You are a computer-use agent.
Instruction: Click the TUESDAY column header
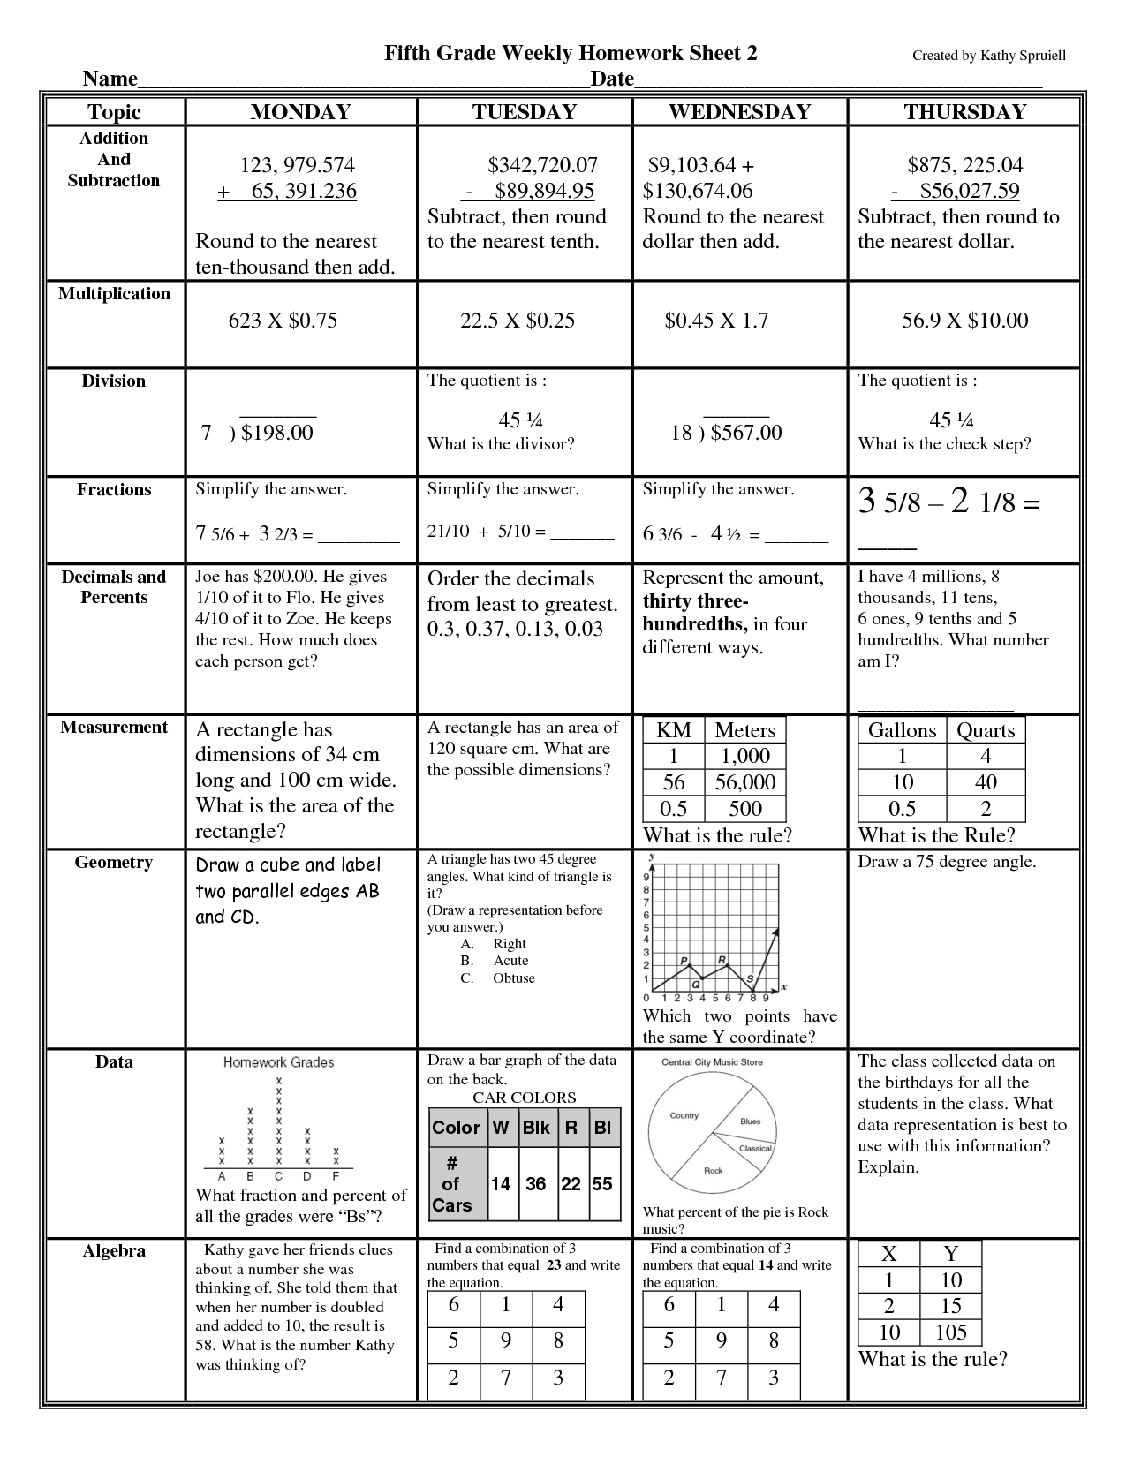coord(524,112)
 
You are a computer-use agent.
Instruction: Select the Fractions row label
coord(114,490)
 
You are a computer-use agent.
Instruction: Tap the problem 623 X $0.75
coord(283,321)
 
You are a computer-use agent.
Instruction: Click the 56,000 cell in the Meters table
coord(744,782)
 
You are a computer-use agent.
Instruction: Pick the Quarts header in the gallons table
coord(986,730)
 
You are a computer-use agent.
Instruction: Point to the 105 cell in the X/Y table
coord(950,1332)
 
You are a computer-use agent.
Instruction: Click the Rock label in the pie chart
coord(714,1171)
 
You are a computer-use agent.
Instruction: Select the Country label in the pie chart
coord(684,1115)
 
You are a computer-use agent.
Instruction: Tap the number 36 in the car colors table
coord(536,1184)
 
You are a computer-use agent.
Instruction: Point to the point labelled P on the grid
coord(684,961)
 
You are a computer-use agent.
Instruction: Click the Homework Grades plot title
coord(278,1062)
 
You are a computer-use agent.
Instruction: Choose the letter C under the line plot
coord(279,1176)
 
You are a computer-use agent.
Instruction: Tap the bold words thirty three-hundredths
coord(695,613)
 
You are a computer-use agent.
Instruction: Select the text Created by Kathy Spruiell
coord(988,56)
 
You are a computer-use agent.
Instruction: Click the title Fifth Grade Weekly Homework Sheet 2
coord(571,53)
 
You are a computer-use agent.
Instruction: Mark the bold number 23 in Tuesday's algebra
coord(554,1265)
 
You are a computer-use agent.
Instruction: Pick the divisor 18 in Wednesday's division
coord(681,433)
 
